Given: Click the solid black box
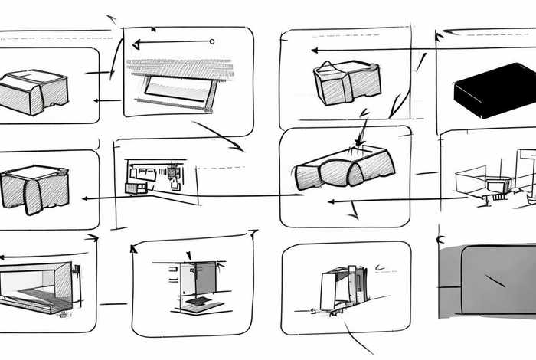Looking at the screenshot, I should pyautogui.click(x=494, y=90).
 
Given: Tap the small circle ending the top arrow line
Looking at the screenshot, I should pyautogui.click(x=212, y=41).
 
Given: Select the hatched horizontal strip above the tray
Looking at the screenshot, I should pyautogui.click(x=181, y=68).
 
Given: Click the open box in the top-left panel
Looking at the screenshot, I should pyautogui.click(x=34, y=91).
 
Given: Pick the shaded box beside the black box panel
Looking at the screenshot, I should pyautogui.click(x=346, y=82).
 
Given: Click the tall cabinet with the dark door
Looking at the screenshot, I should pyautogui.click(x=198, y=280).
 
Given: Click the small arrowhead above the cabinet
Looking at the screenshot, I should pyautogui.click(x=188, y=255).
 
